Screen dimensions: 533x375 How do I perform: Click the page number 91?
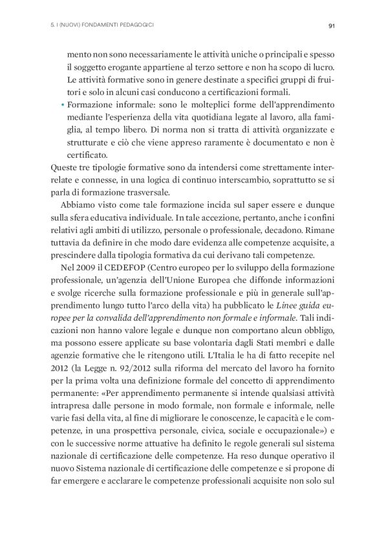click(330, 26)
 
